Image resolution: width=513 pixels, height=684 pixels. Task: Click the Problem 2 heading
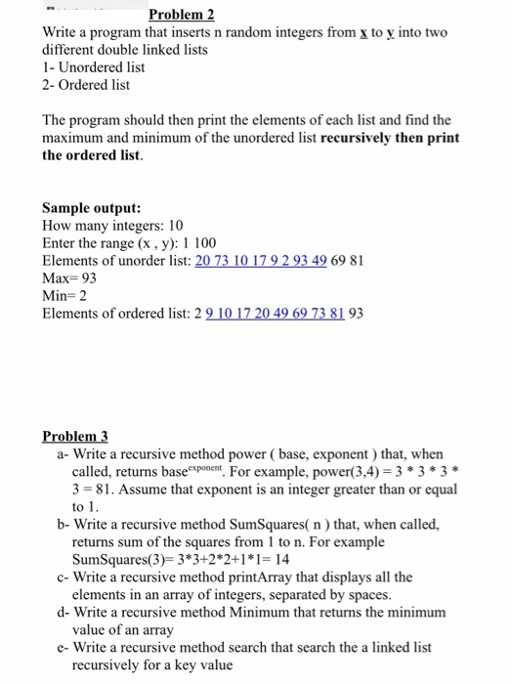(181, 15)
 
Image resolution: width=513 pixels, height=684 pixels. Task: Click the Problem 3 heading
(75, 437)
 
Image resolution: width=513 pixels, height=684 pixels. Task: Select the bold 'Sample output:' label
(92, 208)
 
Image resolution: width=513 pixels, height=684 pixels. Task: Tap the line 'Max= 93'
(69, 278)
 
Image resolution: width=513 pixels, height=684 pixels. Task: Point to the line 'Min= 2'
(65, 296)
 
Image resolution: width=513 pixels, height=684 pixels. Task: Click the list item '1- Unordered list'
(94, 67)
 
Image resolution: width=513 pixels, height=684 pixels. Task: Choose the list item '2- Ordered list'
(86, 85)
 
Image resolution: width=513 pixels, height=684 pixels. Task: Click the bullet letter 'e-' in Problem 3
(64, 647)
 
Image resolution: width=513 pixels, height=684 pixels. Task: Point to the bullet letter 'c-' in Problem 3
(64, 577)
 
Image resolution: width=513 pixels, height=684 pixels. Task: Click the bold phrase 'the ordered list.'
(92, 155)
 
